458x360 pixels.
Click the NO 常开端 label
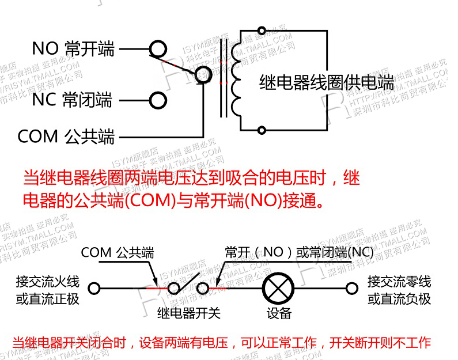pyautogui.click(x=73, y=48)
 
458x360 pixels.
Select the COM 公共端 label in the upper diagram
pyautogui.click(x=66, y=137)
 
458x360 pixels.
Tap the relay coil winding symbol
pyautogui.click(x=236, y=77)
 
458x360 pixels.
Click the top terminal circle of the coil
pyautogui.click(x=262, y=30)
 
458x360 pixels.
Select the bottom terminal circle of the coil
pyautogui.click(x=262, y=130)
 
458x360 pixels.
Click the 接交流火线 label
pyautogui.click(x=48, y=282)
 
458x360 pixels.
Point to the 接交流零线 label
pyautogui.click(x=399, y=282)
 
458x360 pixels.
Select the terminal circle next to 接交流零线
pyautogui.click(x=351, y=287)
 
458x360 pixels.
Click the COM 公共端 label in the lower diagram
pyautogui.click(x=118, y=253)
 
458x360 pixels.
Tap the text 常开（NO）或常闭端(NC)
pyautogui.click(x=299, y=253)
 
